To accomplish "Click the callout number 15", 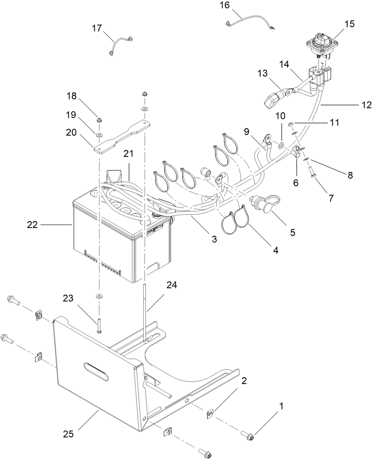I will pos(349,24).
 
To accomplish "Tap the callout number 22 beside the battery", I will pos(33,224).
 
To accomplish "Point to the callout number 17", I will pos(96,28).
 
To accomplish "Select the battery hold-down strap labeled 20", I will pos(123,136).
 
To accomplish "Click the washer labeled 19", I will pos(99,135).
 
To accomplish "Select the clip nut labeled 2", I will pos(210,414).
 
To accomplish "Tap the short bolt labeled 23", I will pos(99,330).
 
